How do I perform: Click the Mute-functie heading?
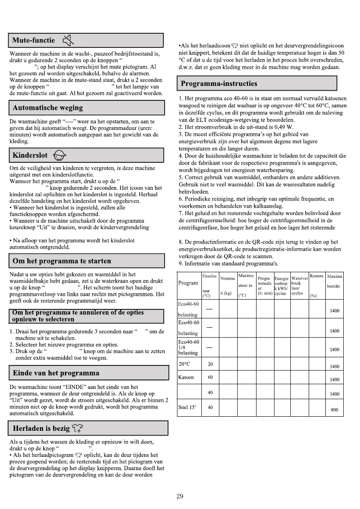pyautogui.click(x=34, y=41)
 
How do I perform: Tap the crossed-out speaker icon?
pyautogui.click(x=68, y=41)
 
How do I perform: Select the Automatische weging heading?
pyautogui.click(x=48, y=108)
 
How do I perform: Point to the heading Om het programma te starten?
pyautogui.click(x=62, y=261)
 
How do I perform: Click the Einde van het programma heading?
pyautogui.click(x=56, y=373)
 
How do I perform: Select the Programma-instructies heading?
pyautogui.click(x=219, y=83)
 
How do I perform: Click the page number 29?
pyautogui.click(x=180, y=496)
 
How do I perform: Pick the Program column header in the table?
pyautogui.click(x=188, y=283)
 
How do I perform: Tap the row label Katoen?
pyautogui.click(x=186, y=377)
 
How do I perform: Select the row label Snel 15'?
pyautogui.click(x=187, y=407)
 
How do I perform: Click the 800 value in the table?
pyautogui.click(x=334, y=410)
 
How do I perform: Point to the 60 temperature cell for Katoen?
pyautogui.click(x=210, y=377)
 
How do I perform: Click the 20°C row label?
pyautogui.click(x=185, y=364)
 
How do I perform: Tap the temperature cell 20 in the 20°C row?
pyautogui.click(x=210, y=364)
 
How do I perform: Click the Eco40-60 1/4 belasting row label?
pyautogui.click(x=189, y=347)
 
